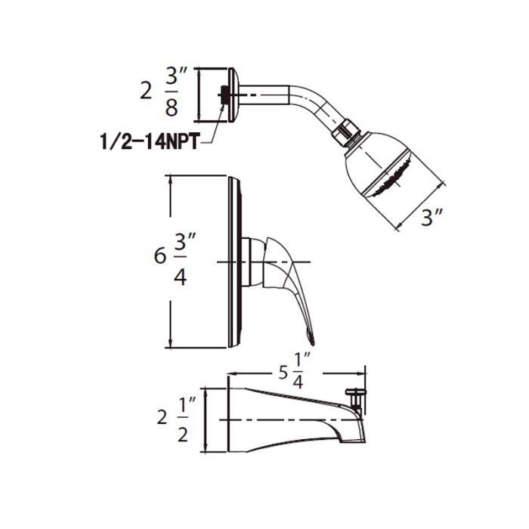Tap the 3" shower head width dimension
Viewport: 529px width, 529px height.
432,217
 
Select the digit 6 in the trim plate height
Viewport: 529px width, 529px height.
160,255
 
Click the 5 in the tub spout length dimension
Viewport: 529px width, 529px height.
283,373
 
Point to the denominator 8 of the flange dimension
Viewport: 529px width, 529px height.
172,107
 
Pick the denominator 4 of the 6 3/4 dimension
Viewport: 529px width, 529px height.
180,277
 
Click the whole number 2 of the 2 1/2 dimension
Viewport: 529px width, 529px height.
162,419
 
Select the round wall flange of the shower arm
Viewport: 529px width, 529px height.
234,95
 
